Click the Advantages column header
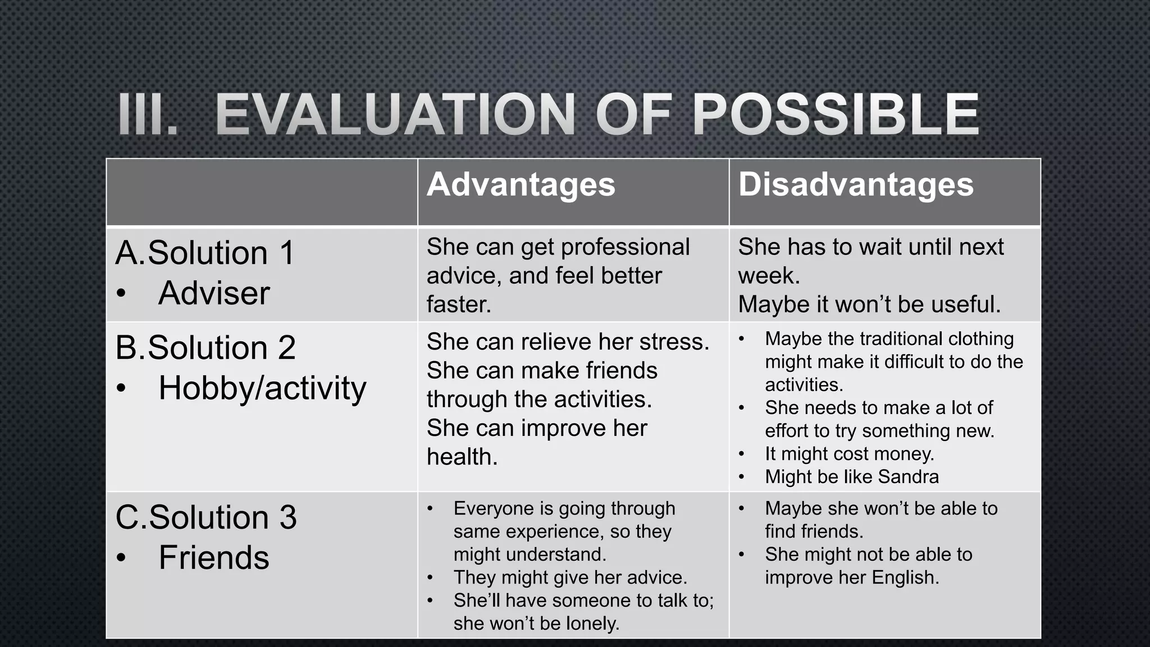click(x=521, y=185)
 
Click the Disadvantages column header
click(x=855, y=185)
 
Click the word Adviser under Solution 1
click(x=214, y=293)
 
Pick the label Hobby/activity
click(x=262, y=388)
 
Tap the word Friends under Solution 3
click(x=214, y=558)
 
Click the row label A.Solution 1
click(x=205, y=253)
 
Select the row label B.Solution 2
click(x=206, y=348)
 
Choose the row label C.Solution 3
click(x=206, y=517)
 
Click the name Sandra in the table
click(x=908, y=477)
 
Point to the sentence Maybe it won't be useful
click(x=869, y=304)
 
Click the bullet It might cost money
click(x=849, y=454)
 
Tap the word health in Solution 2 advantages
click(x=461, y=457)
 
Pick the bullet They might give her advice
click(x=570, y=577)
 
